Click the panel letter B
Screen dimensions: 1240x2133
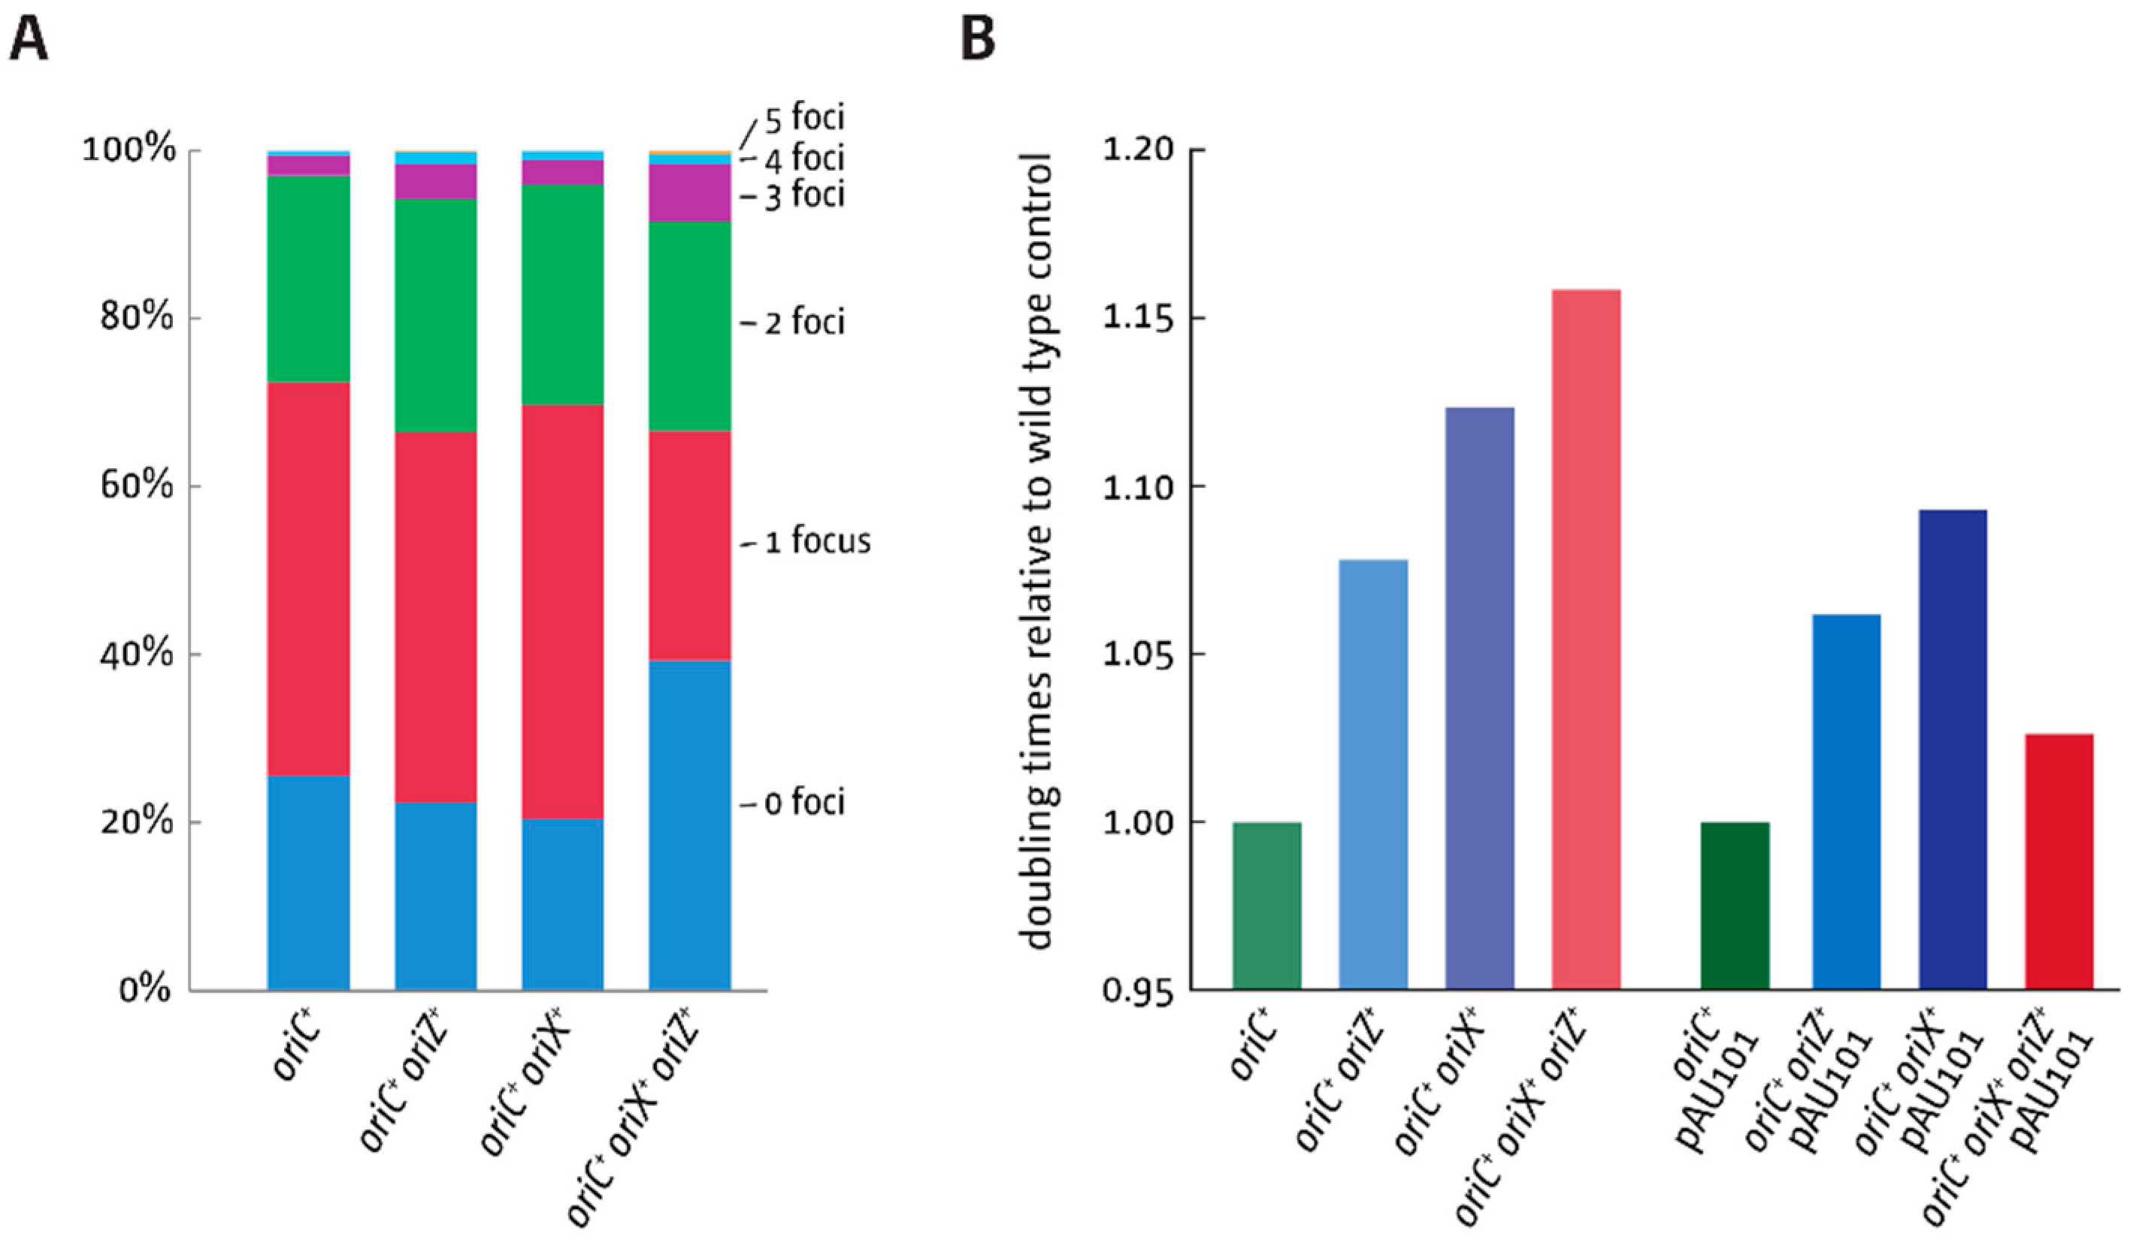(979, 36)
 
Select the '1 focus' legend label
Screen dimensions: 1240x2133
(817, 541)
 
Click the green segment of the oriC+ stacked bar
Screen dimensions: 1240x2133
(308, 280)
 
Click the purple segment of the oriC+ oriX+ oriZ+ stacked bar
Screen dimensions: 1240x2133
(689, 192)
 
